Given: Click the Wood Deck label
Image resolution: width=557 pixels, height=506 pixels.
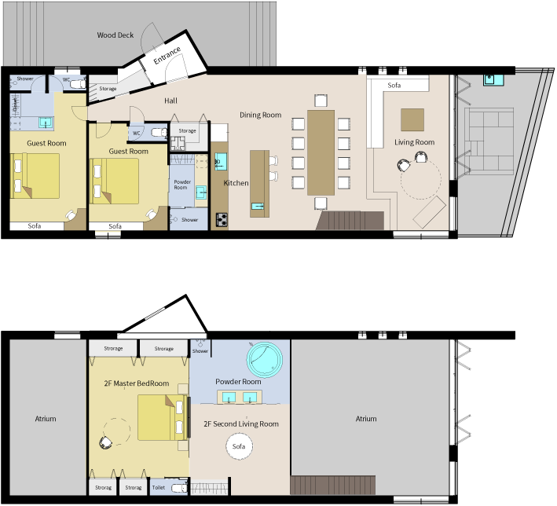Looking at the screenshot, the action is tap(115, 35).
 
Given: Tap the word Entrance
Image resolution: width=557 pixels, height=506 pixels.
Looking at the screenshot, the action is tap(167, 56).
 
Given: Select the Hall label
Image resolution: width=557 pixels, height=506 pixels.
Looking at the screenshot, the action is tap(170, 101).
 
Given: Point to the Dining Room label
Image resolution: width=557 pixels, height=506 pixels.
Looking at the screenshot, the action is tap(260, 115).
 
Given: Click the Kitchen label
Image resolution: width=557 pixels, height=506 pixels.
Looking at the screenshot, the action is tap(236, 183).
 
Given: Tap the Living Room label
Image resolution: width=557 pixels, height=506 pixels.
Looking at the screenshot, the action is tap(414, 142).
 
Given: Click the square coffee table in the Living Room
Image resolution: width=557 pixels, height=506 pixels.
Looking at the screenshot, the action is tap(412, 120).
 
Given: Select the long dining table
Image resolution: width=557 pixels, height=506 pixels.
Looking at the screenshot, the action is tap(321, 152).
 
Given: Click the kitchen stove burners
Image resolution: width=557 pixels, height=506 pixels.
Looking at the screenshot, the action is tap(222, 219).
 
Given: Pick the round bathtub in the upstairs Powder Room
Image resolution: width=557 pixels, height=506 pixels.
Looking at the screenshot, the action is tap(265, 359).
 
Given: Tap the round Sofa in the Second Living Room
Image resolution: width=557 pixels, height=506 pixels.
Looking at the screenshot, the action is tap(239, 446).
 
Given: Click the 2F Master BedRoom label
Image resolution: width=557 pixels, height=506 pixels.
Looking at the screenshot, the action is tap(137, 383).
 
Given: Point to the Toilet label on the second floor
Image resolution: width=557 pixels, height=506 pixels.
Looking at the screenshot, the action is tap(159, 487).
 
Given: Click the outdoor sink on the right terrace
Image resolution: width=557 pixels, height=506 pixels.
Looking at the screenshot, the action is tap(493, 80).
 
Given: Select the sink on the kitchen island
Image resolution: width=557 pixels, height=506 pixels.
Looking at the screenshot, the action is tap(258, 206).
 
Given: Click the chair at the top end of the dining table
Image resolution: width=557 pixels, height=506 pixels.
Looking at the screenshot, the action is tap(321, 101).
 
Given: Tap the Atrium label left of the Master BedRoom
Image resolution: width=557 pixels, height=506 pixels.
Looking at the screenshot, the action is tap(46, 419).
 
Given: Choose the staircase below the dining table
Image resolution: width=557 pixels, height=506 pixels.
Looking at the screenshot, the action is tap(350, 221).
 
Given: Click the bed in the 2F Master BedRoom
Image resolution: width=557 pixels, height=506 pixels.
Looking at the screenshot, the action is tap(163, 417).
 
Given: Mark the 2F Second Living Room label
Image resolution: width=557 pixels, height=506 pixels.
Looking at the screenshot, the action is tap(241, 424).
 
